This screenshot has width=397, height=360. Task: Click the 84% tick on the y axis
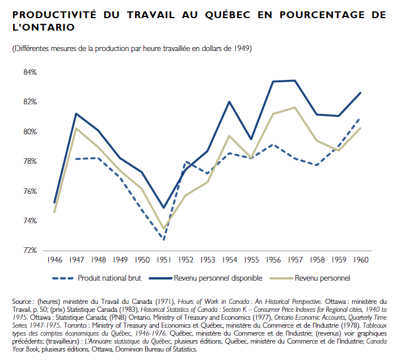tap(29, 73)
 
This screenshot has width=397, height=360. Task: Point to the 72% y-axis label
tap(29, 250)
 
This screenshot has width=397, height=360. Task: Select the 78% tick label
tap(29, 161)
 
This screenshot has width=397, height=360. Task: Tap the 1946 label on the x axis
tap(55, 260)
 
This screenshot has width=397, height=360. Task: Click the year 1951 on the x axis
tap(164, 260)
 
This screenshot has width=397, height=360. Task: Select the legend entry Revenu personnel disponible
tap(218, 278)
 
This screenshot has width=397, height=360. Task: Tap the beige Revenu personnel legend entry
tap(322, 278)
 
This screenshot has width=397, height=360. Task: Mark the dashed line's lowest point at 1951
tap(164, 239)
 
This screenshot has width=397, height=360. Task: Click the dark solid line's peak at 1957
tap(294, 81)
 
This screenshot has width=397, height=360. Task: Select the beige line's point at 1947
tap(77, 129)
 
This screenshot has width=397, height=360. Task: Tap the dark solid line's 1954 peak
tap(229, 101)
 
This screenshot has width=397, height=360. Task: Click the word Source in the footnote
tap(23, 302)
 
